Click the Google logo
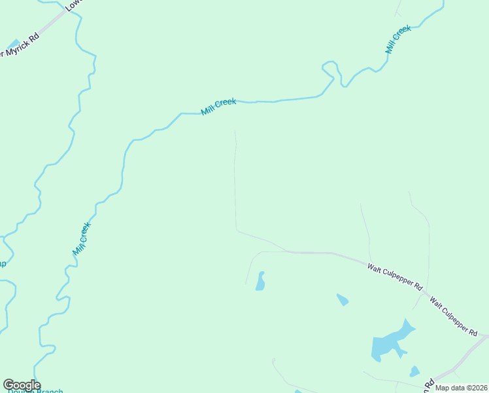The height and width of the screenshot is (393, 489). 22,385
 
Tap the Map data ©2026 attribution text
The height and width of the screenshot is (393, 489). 460,388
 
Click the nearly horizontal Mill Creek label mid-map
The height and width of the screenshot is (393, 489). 218,106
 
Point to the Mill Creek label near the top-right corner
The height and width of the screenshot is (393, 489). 397,39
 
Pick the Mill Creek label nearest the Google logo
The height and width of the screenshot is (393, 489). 82,239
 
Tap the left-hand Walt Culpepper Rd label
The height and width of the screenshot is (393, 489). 395,277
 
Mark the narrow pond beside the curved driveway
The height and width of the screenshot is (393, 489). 260,282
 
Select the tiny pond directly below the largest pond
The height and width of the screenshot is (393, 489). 414,371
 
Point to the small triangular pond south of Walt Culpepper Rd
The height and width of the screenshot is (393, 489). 342,300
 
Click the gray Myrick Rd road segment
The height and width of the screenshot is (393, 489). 52,24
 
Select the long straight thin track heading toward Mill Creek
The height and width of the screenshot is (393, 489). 235,183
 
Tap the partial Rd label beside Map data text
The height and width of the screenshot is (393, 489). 429,383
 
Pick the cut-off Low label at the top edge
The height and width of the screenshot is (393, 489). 71,5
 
